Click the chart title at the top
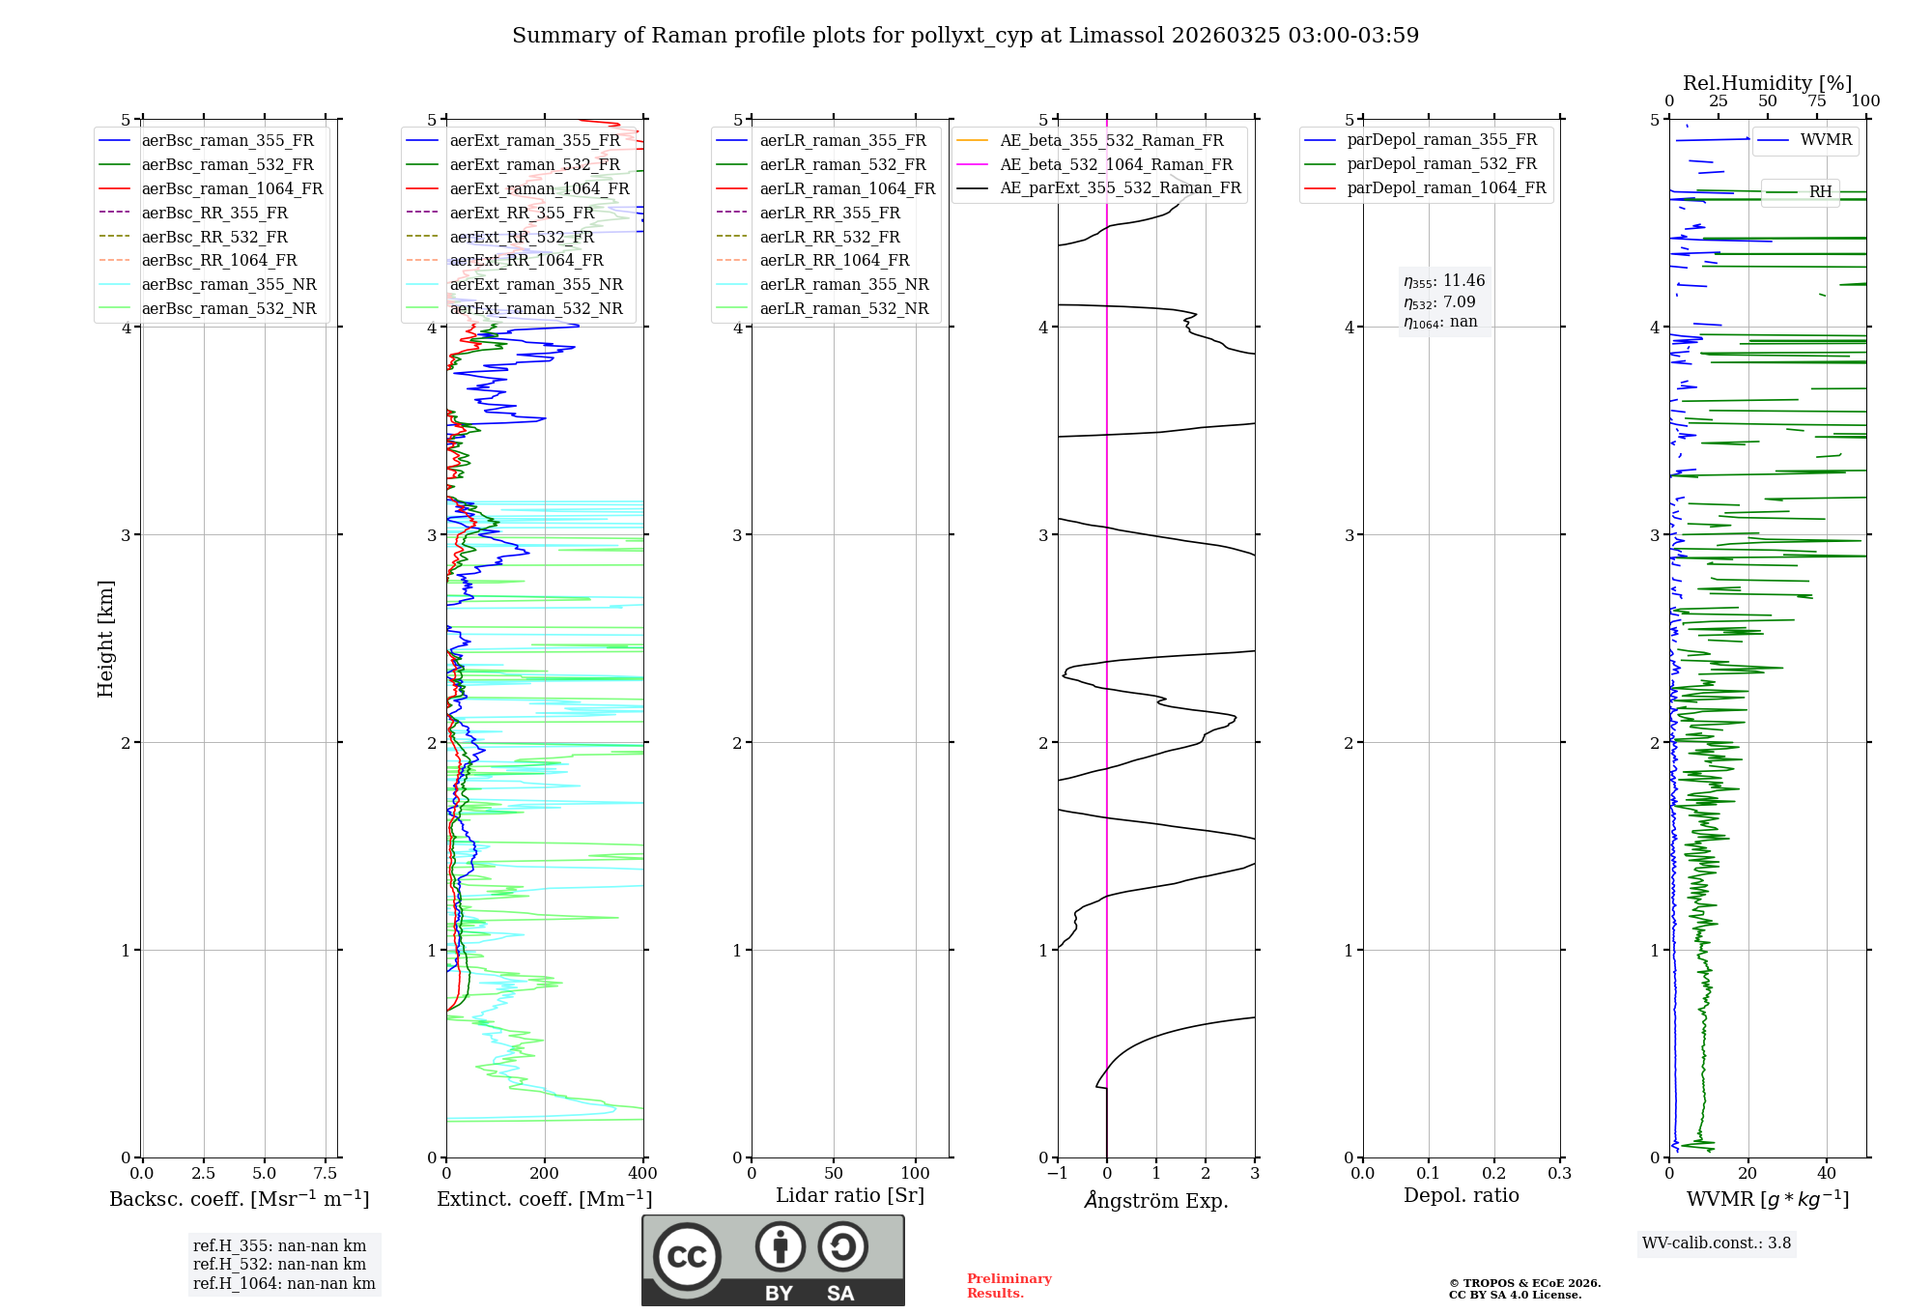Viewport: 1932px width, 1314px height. pos(965,36)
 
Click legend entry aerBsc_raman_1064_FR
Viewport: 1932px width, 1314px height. pos(232,189)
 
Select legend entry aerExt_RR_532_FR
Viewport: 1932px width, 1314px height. pos(522,237)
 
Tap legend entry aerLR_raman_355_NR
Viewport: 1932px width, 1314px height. pos(843,285)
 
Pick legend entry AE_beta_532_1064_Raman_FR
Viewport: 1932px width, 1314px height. pos(1116,165)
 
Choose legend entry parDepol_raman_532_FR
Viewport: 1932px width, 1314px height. pos(1441,164)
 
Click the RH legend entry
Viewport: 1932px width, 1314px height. pos(1820,192)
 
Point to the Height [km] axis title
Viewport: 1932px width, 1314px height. pos(105,639)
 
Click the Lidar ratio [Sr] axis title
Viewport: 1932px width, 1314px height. pos(850,1196)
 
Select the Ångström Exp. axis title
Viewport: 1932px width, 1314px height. pos(1156,1201)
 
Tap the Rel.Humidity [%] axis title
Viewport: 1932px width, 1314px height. pos(1767,83)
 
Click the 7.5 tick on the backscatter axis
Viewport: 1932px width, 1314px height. pos(326,1174)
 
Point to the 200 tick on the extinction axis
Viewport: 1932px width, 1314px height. pos(545,1174)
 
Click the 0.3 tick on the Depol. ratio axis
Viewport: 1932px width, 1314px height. pos(1559,1174)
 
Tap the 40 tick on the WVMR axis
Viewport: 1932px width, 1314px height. pos(1827,1174)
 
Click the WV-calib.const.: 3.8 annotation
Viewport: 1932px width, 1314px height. pos(1717,1243)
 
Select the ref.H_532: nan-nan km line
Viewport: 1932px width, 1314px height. pos(279,1265)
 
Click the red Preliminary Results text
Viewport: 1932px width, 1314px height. pos(1009,1286)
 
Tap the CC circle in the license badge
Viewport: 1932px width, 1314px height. pos(687,1257)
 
